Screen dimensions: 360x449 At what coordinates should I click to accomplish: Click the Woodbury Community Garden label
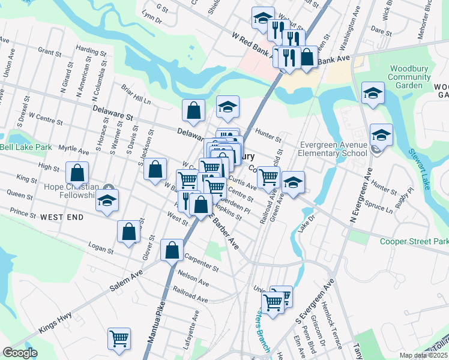pyautogui.click(x=409, y=76)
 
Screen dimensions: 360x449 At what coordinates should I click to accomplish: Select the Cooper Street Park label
pyautogui.click(x=414, y=241)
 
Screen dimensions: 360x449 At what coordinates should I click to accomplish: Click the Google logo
pyautogui.click(x=19, y=353)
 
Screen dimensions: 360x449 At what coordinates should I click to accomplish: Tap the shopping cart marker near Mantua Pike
pyautogui.click(x=119, y=338)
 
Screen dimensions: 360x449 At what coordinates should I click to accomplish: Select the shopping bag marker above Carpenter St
pyautogui.click(x=172, y=250)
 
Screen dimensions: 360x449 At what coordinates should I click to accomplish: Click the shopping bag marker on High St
pyautogui.click(x=77, y=172)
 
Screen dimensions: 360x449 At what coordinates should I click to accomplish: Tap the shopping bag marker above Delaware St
pyautogui.click(x=194, y=109)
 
